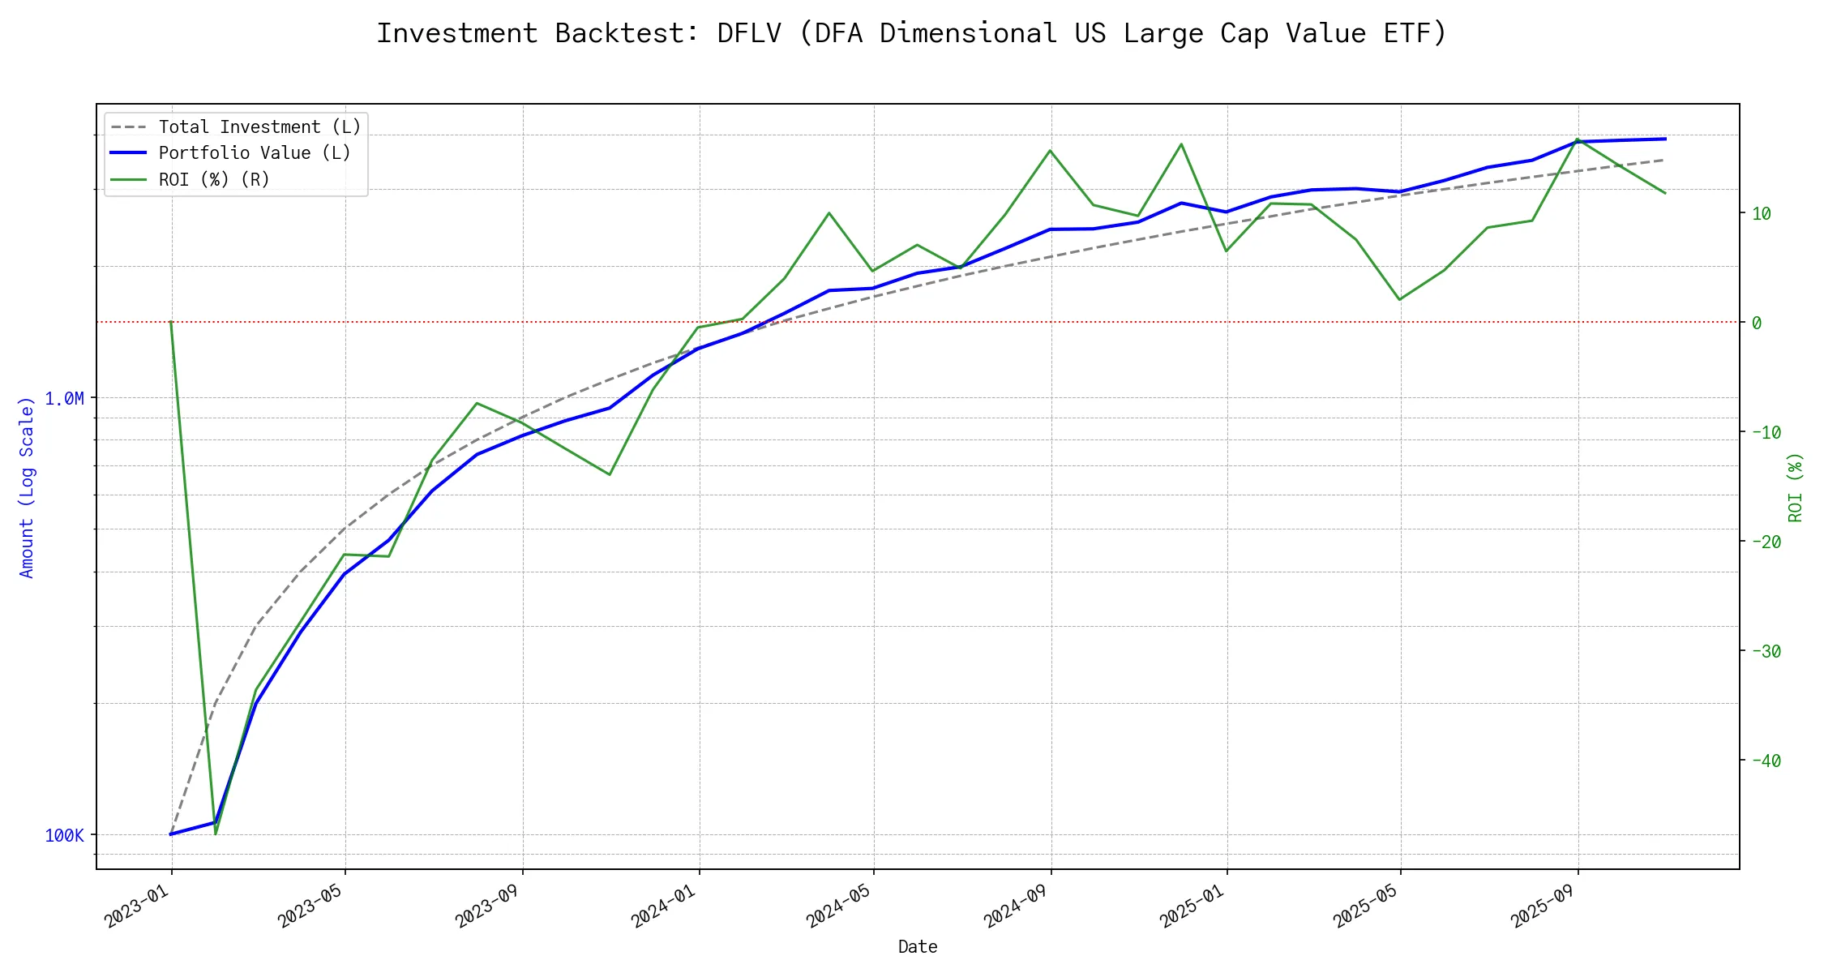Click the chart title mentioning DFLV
[911, 33]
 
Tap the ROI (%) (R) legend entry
[214, 179]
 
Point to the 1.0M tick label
[64, 398]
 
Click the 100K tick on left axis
[64, 835]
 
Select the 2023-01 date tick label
[137, 905]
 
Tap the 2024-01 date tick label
[665, 905]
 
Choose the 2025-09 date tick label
[1542, 905]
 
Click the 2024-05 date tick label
[838, 905]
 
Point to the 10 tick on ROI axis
[1761, 214]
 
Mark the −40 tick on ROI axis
[1766, 761]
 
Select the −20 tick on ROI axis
[1766, 542]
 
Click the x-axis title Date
[918, 947]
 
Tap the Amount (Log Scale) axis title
[27, 486]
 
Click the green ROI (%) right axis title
[1796, 486]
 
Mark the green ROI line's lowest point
[216, 834]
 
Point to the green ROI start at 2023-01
[171, 323]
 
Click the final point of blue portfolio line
[1665, 139]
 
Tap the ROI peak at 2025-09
[1577, 139]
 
